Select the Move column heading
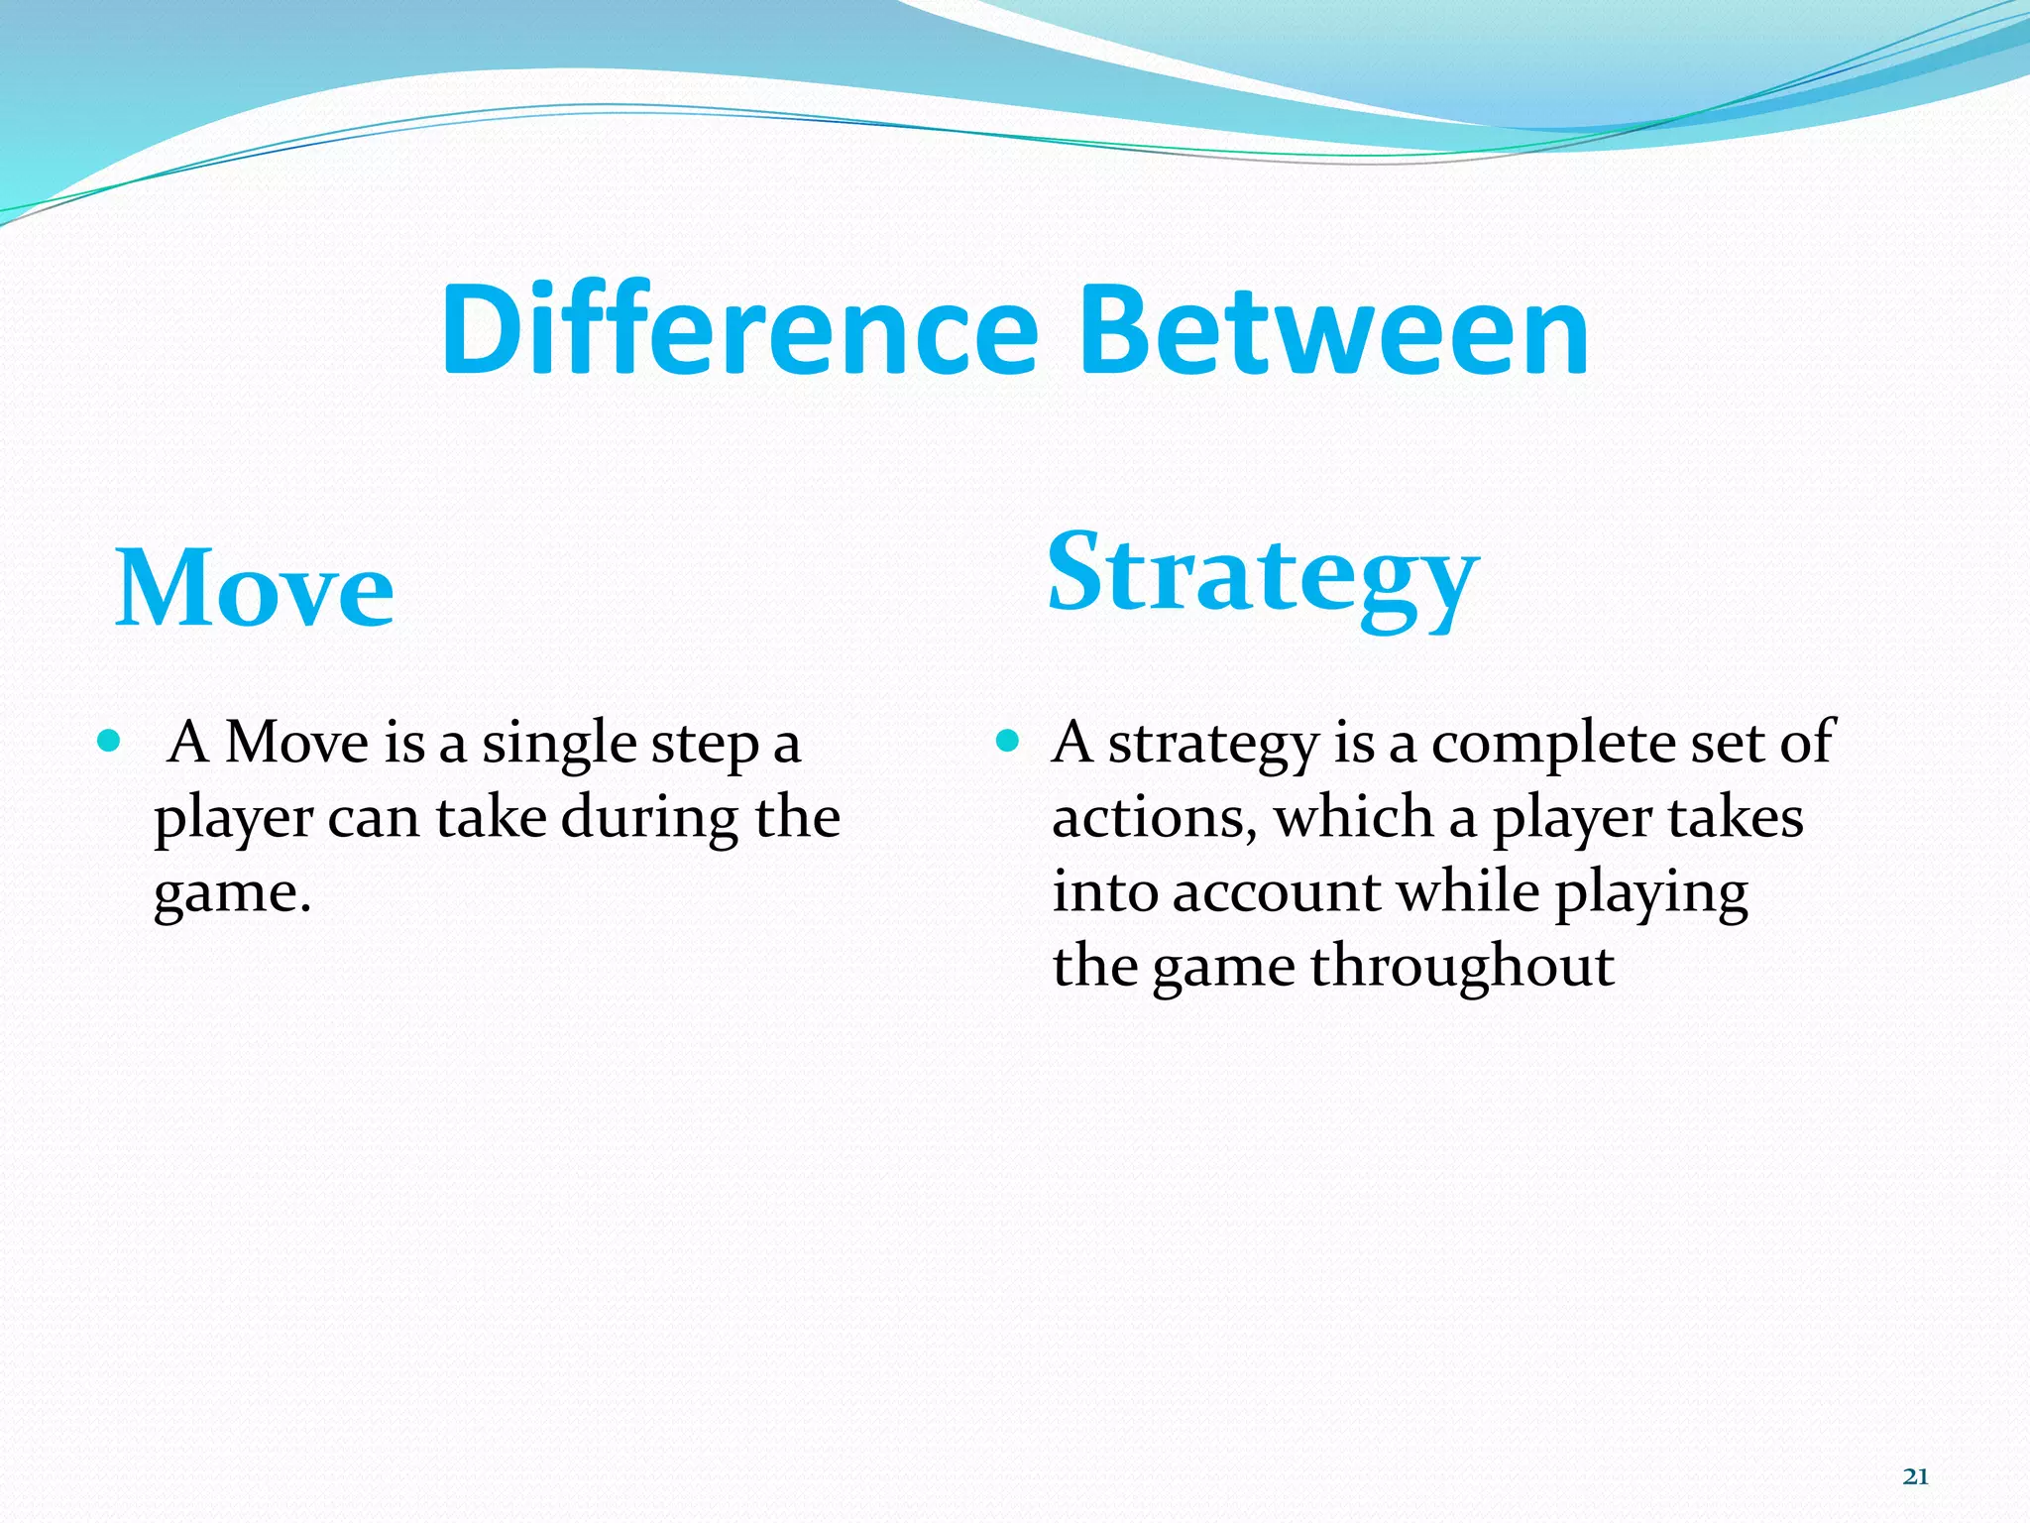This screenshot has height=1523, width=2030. click(x=255, y=589)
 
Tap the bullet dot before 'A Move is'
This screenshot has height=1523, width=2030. click(x=110, y=741)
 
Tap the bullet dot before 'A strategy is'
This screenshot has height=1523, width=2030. click(x=1007, y=741)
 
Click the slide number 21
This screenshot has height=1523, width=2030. click(x=1915, y=1477)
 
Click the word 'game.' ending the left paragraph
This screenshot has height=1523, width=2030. click(x=232, y=894)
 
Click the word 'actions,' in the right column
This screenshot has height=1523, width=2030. click(x=1153, y=820)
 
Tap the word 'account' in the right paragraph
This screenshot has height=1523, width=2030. click(x=1276, y=892)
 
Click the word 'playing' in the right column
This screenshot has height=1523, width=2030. click(x=1651, y=894)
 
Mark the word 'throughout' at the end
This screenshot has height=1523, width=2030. click(x=1462, y=968)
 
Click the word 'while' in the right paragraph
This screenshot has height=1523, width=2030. click(x=1468, y=892)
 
